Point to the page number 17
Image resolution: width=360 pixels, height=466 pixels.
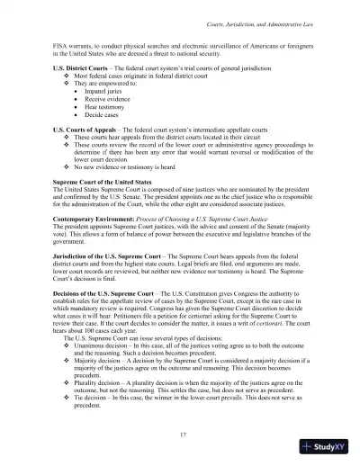click(x=180, y=435)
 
